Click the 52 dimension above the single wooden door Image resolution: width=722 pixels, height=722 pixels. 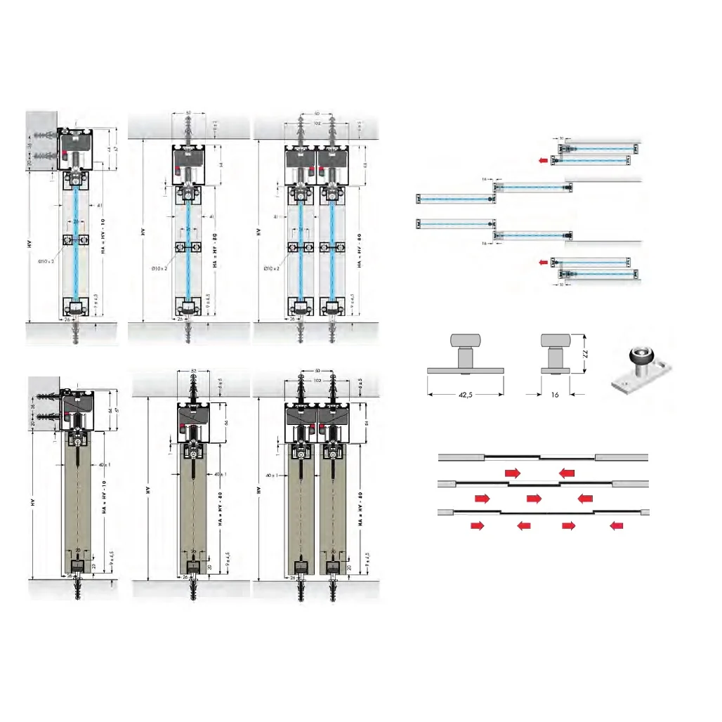coord(192,370)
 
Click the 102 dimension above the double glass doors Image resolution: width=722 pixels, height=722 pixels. coord(317,122)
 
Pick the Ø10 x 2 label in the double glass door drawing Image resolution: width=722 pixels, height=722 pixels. coord(270,268)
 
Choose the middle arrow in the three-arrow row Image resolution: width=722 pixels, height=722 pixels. coord(534,498)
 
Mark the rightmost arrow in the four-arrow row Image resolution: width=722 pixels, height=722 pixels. coord(617,525)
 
